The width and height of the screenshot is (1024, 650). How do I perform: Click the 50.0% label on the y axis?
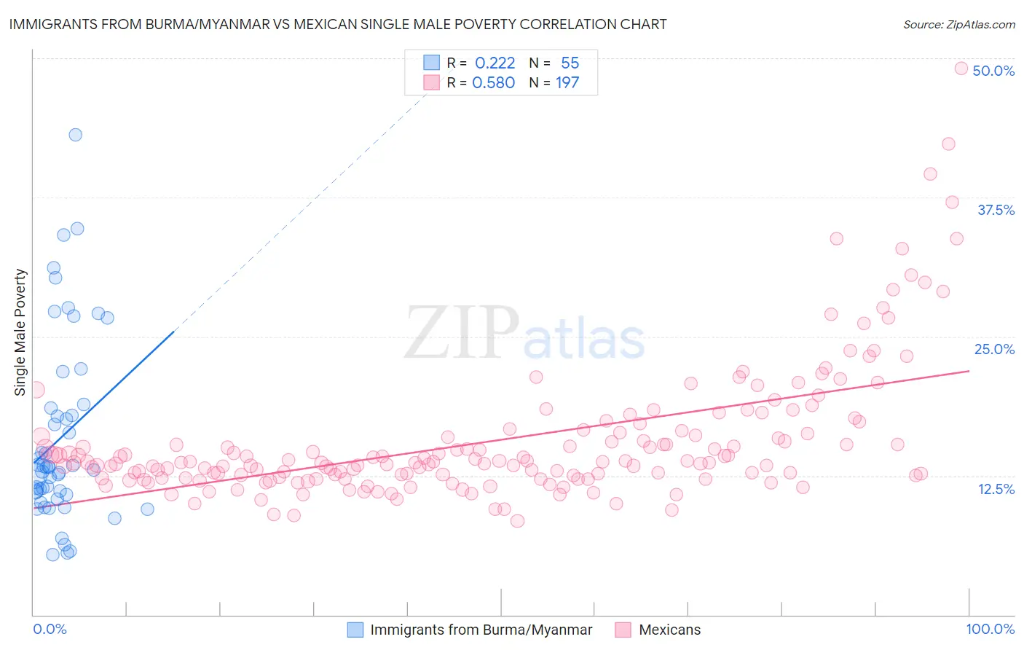pyautogui.click(x=993, y=71)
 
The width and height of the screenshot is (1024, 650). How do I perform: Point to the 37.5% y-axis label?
pyautogui.click(x=996, y=210)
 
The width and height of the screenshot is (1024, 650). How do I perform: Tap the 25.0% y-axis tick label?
pyautogui.click(x=994, y=349)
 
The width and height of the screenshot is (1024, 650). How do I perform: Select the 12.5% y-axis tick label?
pyautogui.click(x=996, y=489)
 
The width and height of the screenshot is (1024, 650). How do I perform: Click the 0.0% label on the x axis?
pyautogui.click(x=50, y=629)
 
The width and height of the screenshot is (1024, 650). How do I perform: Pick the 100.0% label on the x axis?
pyautogui.click(x=990, y=629)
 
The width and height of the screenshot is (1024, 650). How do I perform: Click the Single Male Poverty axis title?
pyautogui.click(x=20, y=332)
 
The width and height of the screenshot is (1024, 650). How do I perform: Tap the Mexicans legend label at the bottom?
pyautogui.click(x=669, y=630)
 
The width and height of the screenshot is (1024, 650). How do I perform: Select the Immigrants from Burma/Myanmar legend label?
pyautogui.click(x=481, y=630)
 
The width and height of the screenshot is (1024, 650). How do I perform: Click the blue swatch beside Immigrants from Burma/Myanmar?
pyautogui.click(x=355, y=630)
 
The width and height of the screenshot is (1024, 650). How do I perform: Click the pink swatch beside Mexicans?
pyautogui.click(x=623, y=630)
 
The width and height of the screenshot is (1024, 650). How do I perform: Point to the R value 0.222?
pyautogui.click(x=495, y=63)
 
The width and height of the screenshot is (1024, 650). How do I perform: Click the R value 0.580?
pyautogui.click(x=493, y=82)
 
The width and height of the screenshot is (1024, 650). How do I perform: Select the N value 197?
pyautogui.click(x=567, y=82)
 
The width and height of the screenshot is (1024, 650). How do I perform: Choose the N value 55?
pyautogui.click(x=570, y=63)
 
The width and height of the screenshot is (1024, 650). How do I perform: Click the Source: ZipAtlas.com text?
pyautogui.click(x=958, y=24)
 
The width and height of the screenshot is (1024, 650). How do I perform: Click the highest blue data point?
pyautogui.click(x=75, y=135)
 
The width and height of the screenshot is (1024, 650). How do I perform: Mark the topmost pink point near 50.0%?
pyautogui.click(x=961, y=68)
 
